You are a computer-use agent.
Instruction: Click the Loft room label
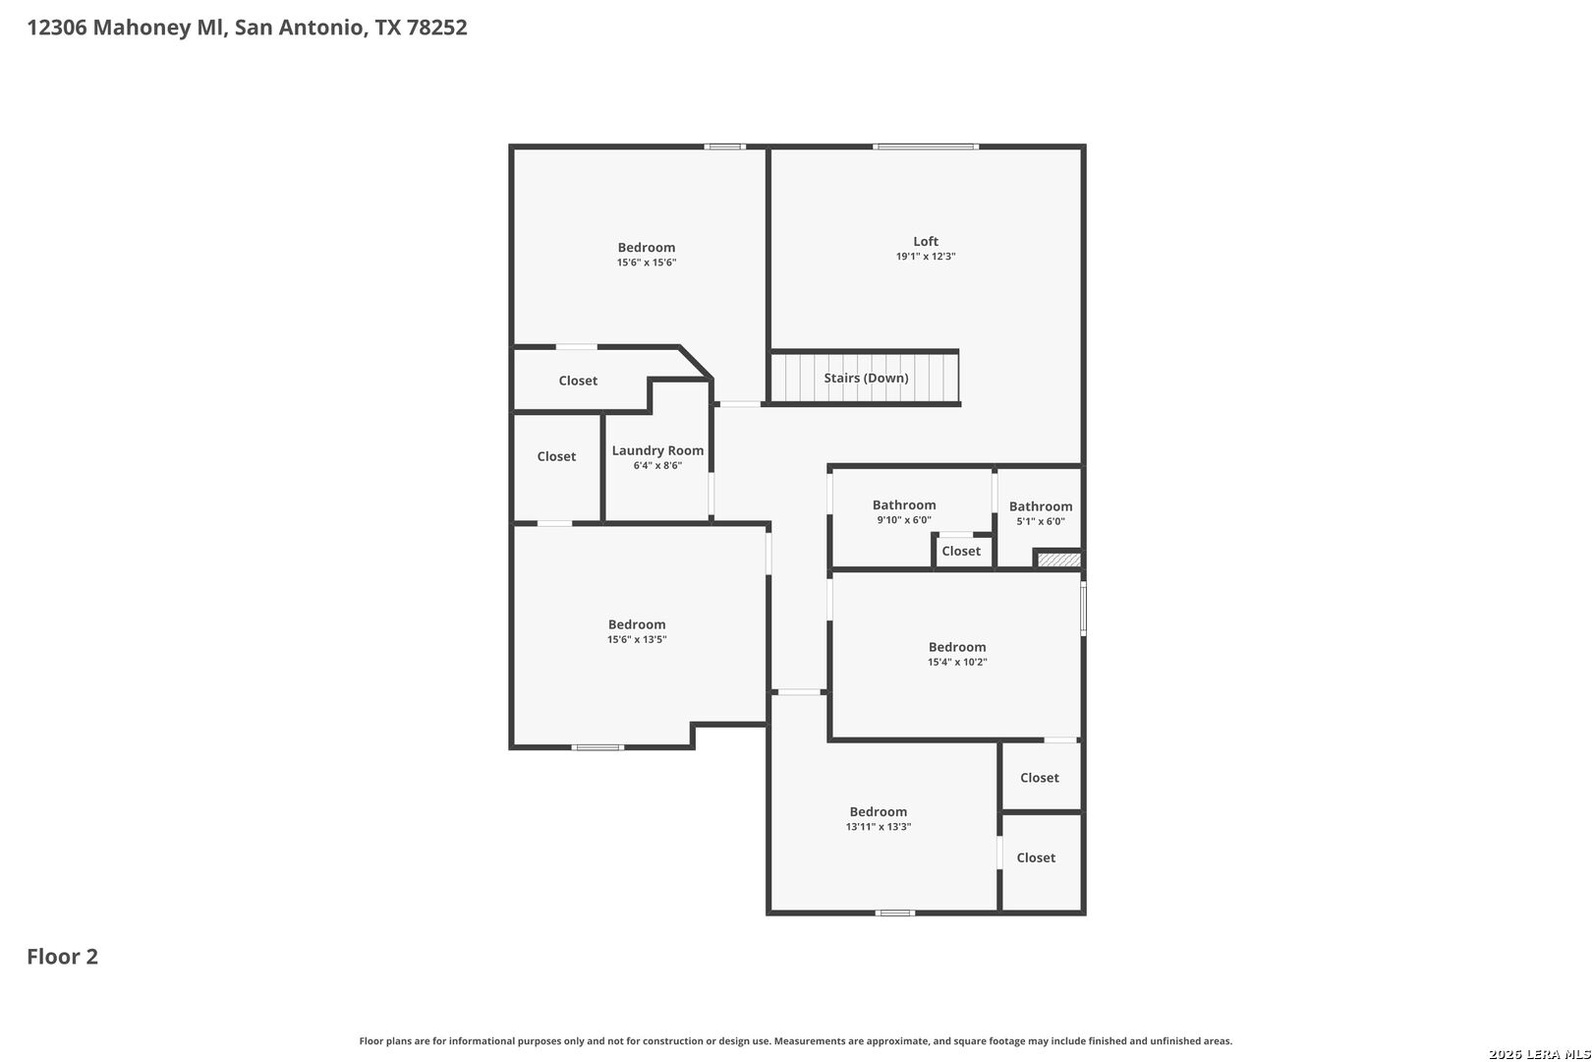(926, 241)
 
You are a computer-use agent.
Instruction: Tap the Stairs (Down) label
(866, 378)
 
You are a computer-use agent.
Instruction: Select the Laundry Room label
(657, 450)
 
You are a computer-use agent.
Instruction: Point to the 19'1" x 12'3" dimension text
(926, 256)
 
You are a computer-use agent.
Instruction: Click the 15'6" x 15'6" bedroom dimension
(646, 263)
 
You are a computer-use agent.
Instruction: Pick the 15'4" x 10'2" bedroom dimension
(956, 662)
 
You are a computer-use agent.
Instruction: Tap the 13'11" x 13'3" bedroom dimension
(878, 827)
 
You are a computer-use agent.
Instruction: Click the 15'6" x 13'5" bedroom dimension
(636, 639)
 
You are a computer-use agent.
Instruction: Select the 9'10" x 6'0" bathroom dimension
(904, 520)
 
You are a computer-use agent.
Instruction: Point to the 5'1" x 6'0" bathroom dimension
(1041, 521)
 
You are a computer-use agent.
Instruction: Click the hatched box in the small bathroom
(1059, 560)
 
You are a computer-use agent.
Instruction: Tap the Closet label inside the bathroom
(961, 552)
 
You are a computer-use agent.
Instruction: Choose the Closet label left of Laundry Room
(556, 456)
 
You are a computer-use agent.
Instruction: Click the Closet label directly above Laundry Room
(578, 381)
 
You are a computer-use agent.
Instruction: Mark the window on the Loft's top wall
(926, 147)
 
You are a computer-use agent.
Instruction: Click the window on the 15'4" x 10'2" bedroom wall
(1083, 608)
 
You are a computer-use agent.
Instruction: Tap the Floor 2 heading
(63, 957)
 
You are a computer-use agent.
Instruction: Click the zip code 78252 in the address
(437, 27)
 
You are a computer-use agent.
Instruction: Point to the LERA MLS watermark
(1539, 1054)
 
